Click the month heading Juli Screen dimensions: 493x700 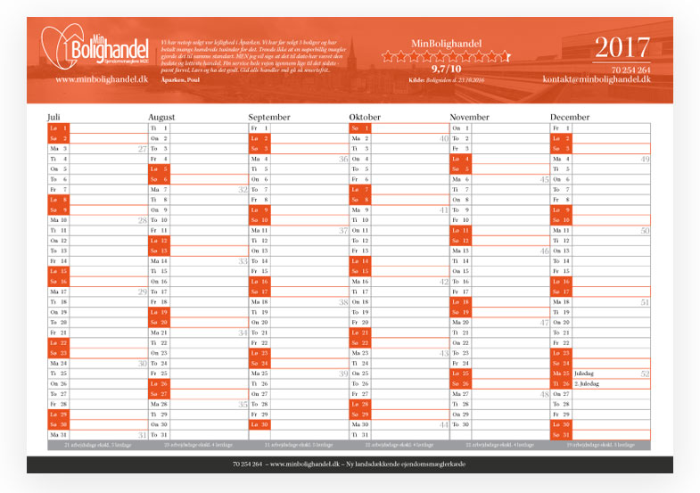point(54,117)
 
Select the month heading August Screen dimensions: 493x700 point(161,117)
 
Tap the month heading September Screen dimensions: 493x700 point(269,117)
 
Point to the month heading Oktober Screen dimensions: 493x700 point(365,117)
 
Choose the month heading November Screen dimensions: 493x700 point(470,117)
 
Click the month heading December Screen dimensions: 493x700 point(570,117)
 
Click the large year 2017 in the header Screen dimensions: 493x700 point(622,48)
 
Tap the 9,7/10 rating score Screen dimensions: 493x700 point(445,68)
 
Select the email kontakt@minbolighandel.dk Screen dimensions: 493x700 point(597,79)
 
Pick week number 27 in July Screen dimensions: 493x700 point(142,149)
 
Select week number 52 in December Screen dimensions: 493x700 point(645,374)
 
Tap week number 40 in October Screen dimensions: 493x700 point(443,138)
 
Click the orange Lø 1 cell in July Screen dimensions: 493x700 point(59,127)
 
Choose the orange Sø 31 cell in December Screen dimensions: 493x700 point(561,434)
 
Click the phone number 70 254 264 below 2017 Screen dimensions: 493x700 point(630,70)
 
